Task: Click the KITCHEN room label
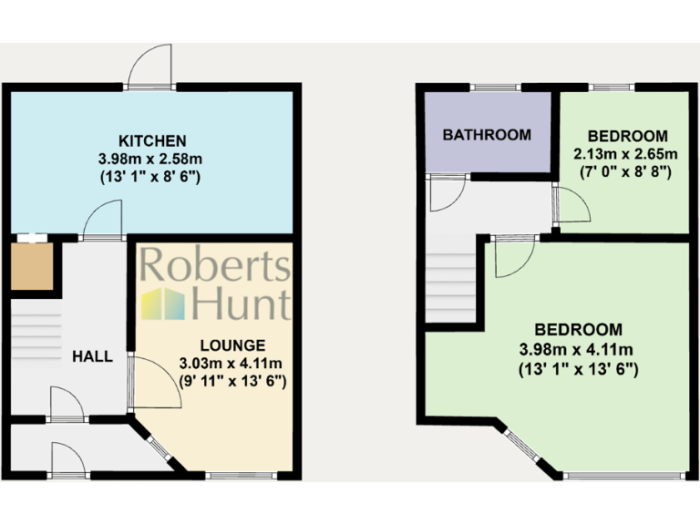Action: tap(152, 141)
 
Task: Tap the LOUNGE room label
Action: tap(233, 345)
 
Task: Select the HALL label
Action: tap(92, 356)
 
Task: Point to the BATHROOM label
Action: tap(487, 135)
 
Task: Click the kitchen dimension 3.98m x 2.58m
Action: tap(151, 159)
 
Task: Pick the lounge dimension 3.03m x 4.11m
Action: tap(233, 364)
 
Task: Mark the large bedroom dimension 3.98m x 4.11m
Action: tap(579, 349)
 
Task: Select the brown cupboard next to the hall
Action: tap(32, 265)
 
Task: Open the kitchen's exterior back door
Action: tap(151, 68)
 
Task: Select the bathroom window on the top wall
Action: tap(496, 87)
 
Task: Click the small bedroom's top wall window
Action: tap(612, 87)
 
